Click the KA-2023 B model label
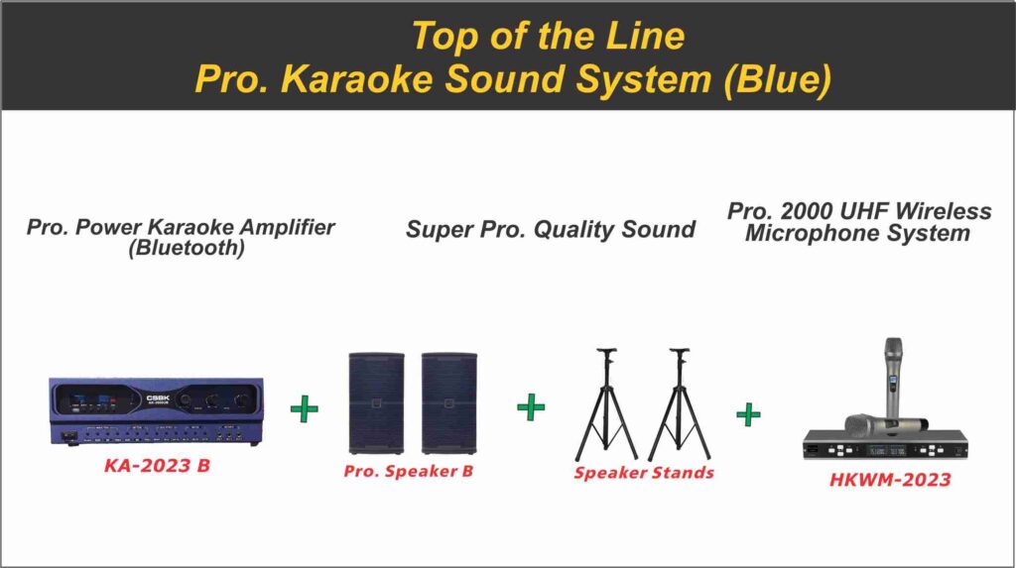coord(157,464)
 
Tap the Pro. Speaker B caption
coord(408,471)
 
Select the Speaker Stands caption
coord(643,473)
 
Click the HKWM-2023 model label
coord(890,481)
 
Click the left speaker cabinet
coord(376,402)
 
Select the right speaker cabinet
coord(448,402)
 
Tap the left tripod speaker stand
coord(605,406)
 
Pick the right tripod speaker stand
coord(680,406)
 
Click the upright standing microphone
coord(892,377)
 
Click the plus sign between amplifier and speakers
coord(305,408)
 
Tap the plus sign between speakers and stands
coord(532,406)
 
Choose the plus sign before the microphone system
coord(748,413)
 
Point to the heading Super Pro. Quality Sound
coord(550,230)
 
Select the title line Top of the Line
coord(548,36)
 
